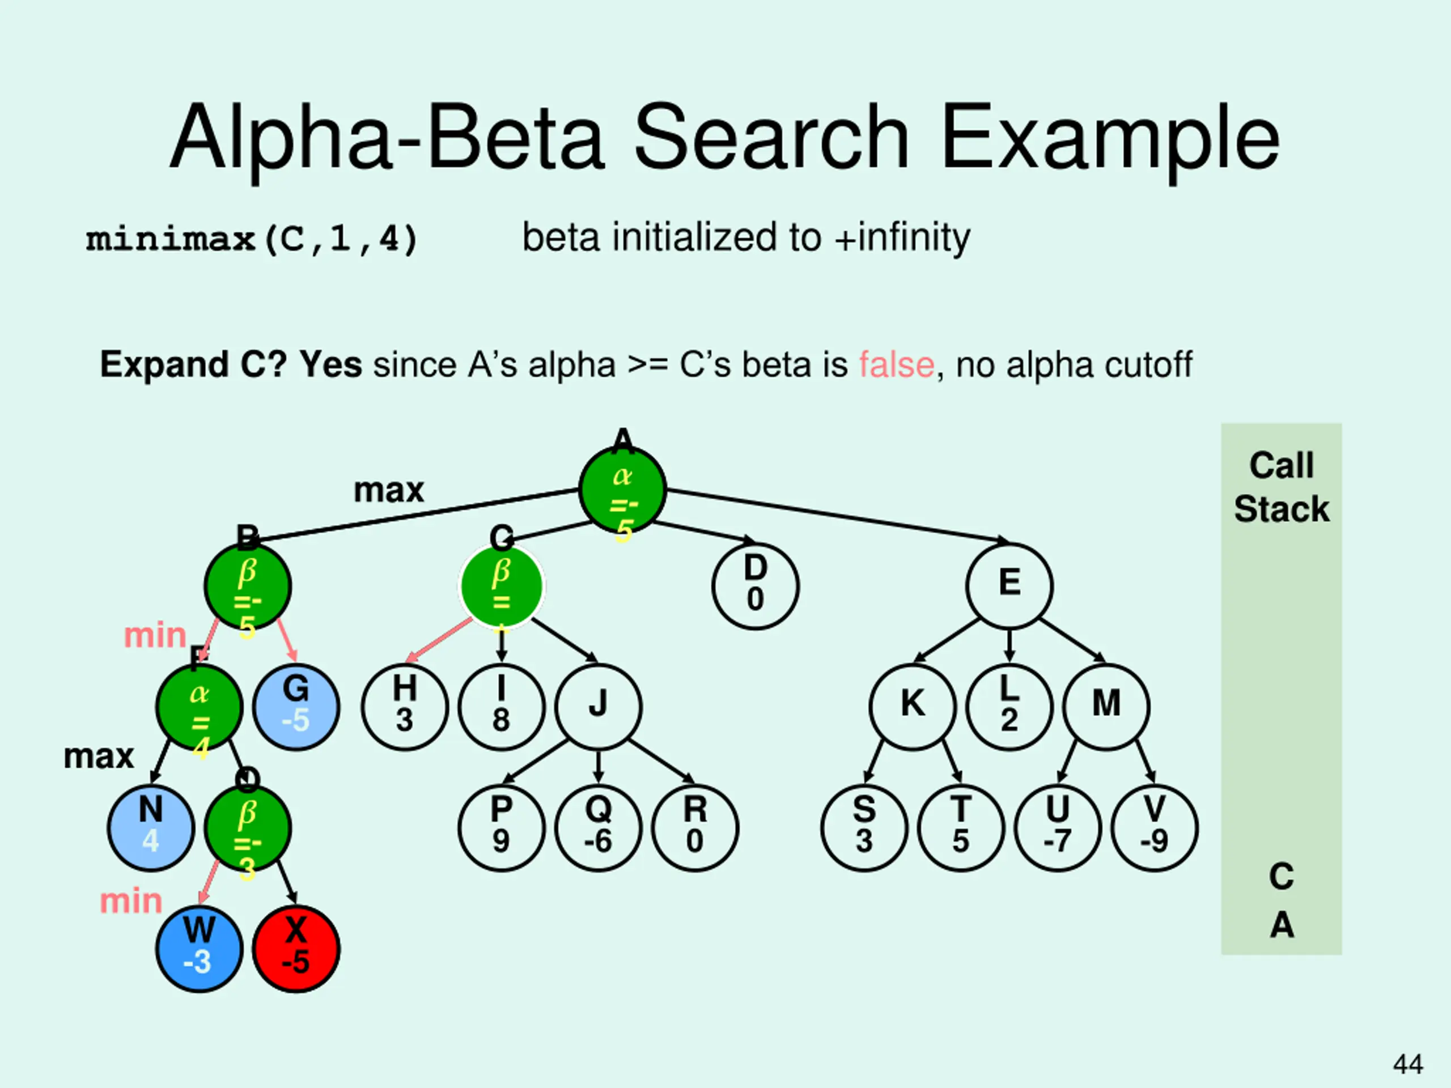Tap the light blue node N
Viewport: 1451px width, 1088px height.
click(151, 828)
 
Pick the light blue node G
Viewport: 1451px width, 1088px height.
click(296, 707)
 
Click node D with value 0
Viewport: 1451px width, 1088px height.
click(755, 586)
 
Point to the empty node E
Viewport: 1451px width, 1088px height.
click(1009, 586)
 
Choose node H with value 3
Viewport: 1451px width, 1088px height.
click(404, 707)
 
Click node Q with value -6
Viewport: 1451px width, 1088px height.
click(597, 828)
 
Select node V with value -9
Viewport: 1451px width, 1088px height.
click(1155, 828)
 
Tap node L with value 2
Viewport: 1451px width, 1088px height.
click(1009, 707)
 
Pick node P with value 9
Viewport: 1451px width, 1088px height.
click(501, 828)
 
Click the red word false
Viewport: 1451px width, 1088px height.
click(896, 364)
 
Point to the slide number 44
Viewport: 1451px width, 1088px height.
click(1408, 1064)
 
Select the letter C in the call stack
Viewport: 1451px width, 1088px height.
click(1281, 876)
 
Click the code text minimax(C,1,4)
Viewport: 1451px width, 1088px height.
click(252, 239)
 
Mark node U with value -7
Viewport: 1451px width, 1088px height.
click(1058, 828)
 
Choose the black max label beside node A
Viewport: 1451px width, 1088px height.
click(388, 491)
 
